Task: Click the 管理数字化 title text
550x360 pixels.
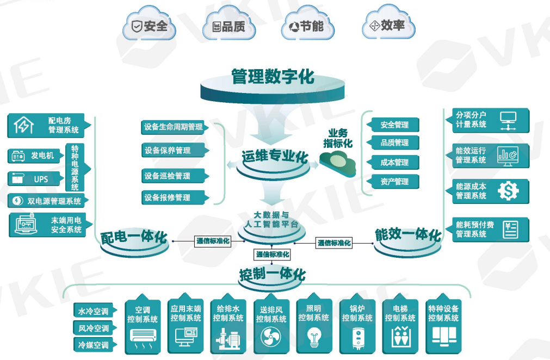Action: click(x=273, y=77)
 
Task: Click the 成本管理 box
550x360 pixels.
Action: click(x=394, y=162)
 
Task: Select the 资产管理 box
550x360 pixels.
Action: click(x=394, y=182)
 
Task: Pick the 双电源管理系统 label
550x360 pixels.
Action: click(x=48, y=201)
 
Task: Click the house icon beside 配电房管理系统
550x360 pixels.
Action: click(x=23, y=126)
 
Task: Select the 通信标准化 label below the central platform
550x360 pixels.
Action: click(x=273, y=254)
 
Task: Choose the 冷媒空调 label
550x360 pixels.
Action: click(x=94, y=345)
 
